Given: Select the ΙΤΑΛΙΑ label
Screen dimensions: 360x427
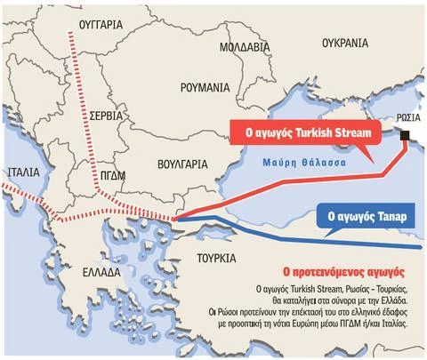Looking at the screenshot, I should pos(24,173).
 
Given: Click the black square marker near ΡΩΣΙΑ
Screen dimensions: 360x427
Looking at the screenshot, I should pos(404,135).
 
